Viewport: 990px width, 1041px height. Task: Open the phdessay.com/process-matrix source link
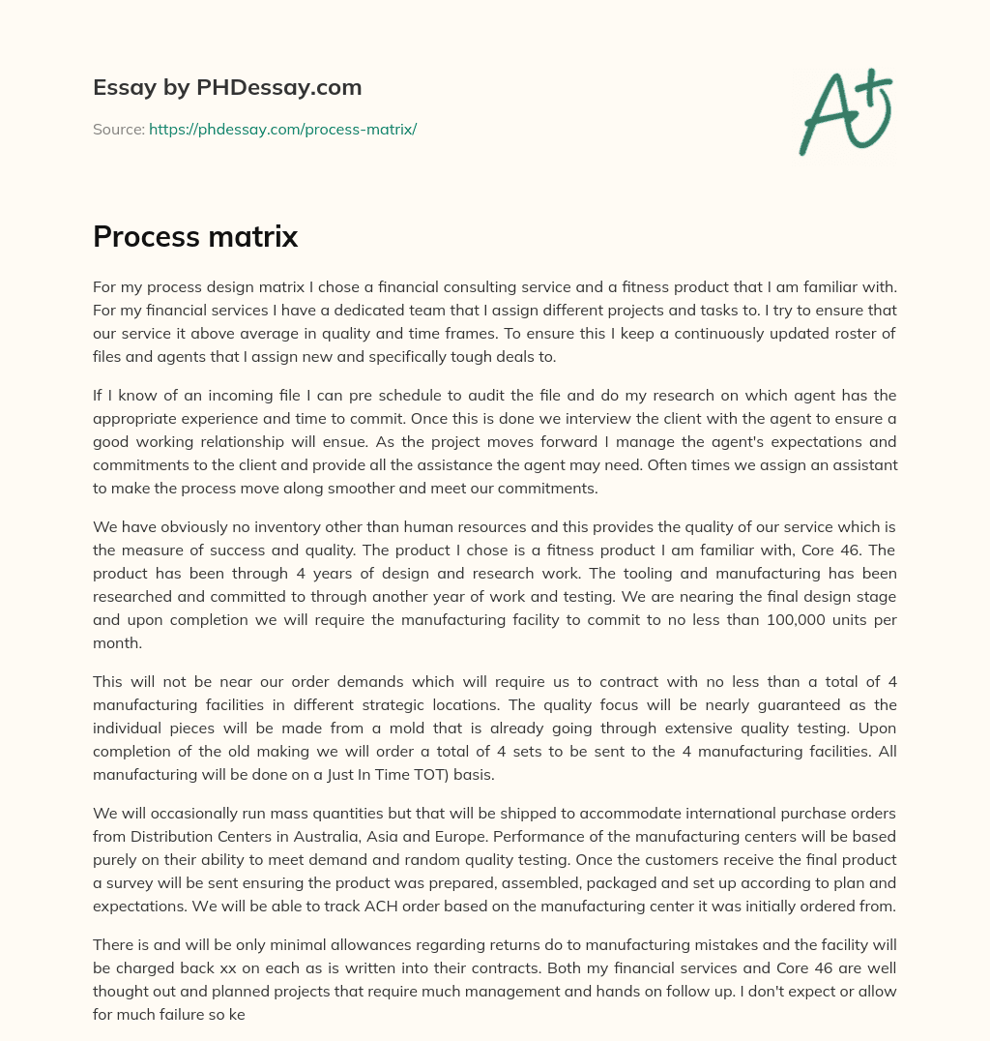click(x=282, y=129)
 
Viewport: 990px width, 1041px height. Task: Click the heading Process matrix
click(x=195, y=236)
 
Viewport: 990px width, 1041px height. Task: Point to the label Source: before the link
click(x=118, y=129)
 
